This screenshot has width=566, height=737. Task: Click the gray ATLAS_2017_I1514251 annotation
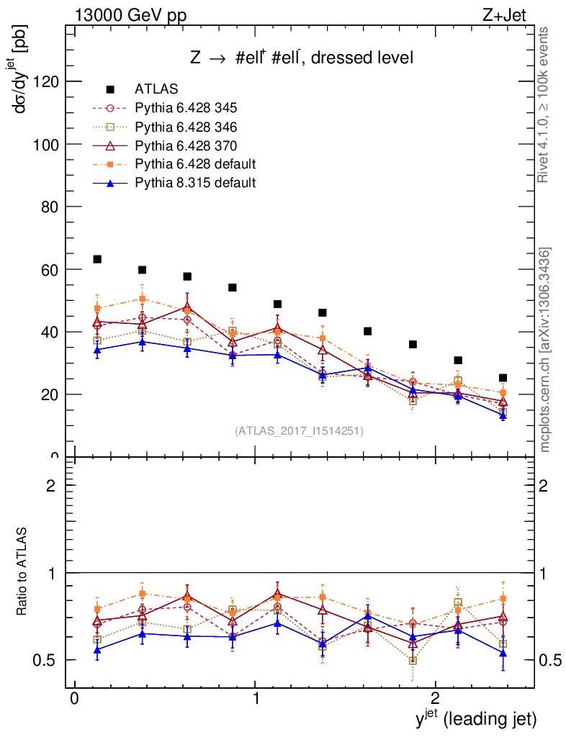299,431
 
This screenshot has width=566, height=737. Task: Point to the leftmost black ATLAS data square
97,259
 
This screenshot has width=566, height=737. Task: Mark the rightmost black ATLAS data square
503,378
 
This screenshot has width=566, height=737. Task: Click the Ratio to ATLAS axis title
22,572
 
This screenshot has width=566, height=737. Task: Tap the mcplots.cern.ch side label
545,351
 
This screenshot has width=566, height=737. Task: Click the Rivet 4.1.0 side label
545,104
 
